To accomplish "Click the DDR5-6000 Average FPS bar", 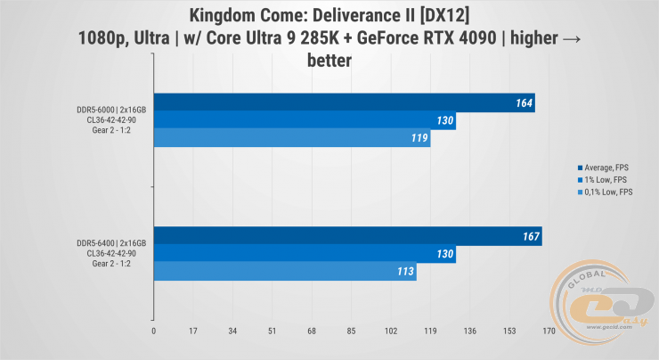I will click(x=344, y=103).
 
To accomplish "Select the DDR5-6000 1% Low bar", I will click(x=305, y=120).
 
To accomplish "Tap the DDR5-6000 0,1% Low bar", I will click(x=292, y=138).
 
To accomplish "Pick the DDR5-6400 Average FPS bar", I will click(x=347, y=238).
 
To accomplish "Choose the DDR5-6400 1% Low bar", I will click(x=305, y=255).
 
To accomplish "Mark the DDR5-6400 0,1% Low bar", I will click(x=285, y=273).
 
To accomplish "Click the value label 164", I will click(x=524, y=103).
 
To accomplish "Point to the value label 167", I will click(x=531, y=238).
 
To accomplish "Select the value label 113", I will click(x=406, y=273).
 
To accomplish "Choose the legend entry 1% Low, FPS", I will click(x=606, y=179).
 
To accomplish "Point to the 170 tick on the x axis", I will click(x=548, y=331).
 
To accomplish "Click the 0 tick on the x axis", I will click(x=154, y=331).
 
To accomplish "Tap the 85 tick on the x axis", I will click(x=351, y=331).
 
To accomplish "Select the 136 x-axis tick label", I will click(x=469, y=331).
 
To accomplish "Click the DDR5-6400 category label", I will click(x=111, y=255).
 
